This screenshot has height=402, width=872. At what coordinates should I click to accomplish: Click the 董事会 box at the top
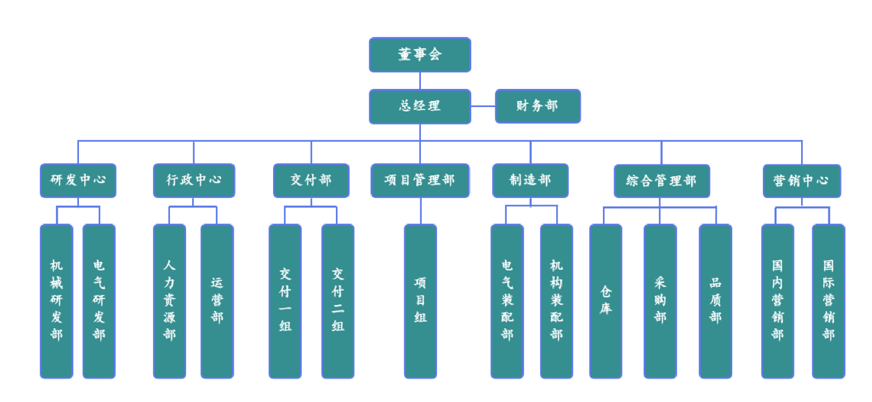pyautogui.click(x=420, y=55)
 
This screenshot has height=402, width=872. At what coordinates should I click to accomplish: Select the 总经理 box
pyautogui.click(x=420, y=106)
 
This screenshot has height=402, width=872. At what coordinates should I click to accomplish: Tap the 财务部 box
pyautogui.click(x=538, y=106)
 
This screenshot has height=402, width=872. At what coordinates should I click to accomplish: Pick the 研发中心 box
pyautogui.click(x=78, y=180)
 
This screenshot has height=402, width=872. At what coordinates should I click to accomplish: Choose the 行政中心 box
pyautogui.click(x=194, y=180)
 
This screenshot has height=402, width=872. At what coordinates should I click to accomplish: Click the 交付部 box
pyautogui.click(x=311, y=180)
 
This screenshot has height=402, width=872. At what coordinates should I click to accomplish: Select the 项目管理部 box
pyautogui.click(x=420, y=180)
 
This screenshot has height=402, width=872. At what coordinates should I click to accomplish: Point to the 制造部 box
pyautogui.click(x=530, y=180)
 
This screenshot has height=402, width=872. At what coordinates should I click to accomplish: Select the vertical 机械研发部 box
pyautogui.click(x=57, y=301)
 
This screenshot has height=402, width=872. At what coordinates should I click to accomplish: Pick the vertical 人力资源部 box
pyautogui.click(x=169, y=301)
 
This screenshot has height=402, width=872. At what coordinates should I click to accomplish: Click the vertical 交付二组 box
pyautogui.click(x=338, y=301)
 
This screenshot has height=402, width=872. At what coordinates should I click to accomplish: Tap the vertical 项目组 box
pyautogui.click(x=420, y=301)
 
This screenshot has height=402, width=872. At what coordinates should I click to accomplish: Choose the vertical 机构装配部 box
pyautogui.click(x=557, y=301)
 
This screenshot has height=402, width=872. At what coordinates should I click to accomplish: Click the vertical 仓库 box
pyautogui.click(x=606, y=301)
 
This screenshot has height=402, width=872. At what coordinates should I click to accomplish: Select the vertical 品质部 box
pyautogui.click(x=715, y=301)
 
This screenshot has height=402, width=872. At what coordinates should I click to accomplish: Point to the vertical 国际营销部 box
pyautogui.click(x=828, y=301)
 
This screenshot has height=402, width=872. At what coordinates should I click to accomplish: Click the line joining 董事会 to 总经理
pyautogui.click(x=420, y=81)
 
